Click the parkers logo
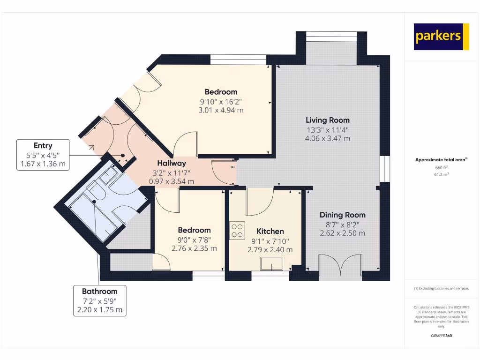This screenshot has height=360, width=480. (441, 37)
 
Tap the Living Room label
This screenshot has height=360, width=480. (328, 120)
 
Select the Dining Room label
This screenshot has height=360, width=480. (342, 215)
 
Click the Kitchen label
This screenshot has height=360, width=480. (270, 231)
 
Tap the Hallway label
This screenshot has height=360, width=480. (171, 163)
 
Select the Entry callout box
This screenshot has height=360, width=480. (43, 155)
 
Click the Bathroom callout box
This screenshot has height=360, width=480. (99, 300)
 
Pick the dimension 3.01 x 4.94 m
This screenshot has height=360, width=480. (221, 110)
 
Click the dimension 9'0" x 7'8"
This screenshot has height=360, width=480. (194, 240)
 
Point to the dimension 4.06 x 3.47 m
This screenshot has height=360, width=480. (328, 138)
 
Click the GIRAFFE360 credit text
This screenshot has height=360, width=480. (441, 336)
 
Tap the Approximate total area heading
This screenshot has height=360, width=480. (441, 160)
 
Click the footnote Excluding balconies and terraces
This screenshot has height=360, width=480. (441, 288)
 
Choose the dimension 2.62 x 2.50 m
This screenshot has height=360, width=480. (342, 233)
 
